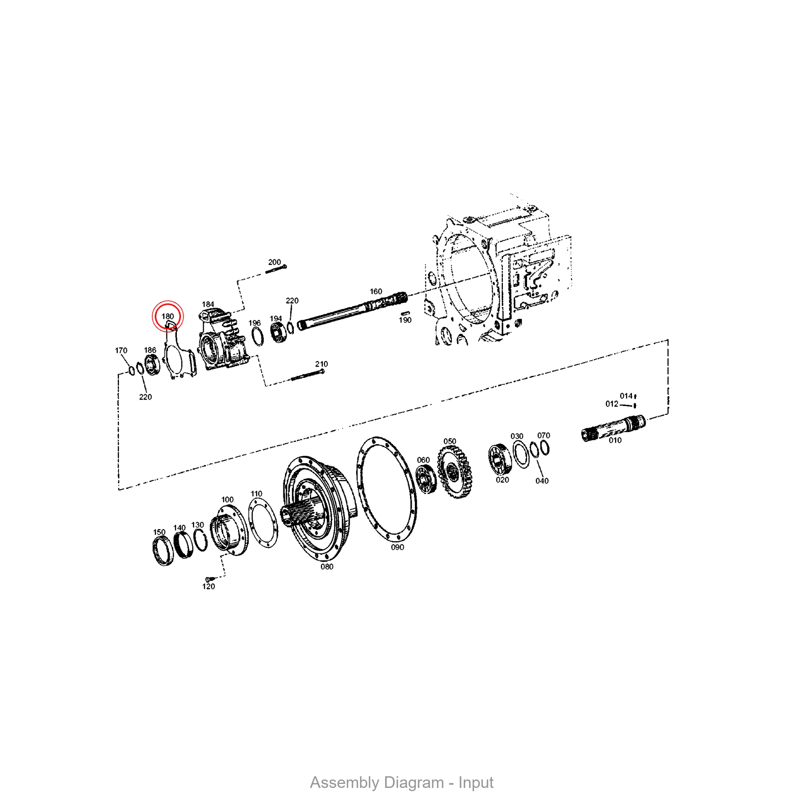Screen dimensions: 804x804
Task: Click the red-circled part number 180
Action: (168, 316)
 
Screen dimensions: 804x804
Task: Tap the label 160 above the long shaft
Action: (376, 291)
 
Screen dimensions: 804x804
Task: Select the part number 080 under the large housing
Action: (327, 566)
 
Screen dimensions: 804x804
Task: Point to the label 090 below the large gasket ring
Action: (398, 547)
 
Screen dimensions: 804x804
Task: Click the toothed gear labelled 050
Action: (454, 472)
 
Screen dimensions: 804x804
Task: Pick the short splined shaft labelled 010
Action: (613, 428)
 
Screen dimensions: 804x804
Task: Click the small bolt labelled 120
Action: (209, 579)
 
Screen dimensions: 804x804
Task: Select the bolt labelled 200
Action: (276, 269)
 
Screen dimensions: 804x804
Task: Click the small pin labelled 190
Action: (405, 313)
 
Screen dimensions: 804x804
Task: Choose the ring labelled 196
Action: (258, 336)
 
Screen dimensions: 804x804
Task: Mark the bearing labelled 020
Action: (499, 459)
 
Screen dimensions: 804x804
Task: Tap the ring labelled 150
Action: (163, 552)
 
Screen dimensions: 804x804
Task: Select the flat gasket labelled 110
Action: (263, 523)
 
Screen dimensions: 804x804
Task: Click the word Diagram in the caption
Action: (414, 783)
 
